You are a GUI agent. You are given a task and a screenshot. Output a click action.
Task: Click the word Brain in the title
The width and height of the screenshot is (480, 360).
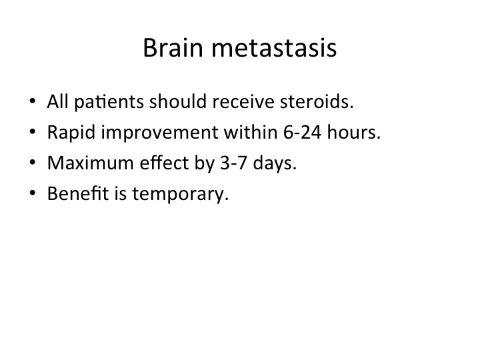[x=173, y=48]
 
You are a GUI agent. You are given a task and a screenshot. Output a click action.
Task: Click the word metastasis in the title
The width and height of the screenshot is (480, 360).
[x=274, y=48]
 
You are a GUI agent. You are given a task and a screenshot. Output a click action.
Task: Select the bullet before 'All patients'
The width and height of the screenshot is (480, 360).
[x=33, y=101]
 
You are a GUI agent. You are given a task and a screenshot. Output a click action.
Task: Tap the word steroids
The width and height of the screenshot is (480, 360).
[x=317, y=101]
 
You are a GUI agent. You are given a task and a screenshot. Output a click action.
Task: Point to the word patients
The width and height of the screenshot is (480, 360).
[x=109, y=102]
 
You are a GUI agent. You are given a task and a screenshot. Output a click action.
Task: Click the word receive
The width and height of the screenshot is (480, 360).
[x=243, y=101]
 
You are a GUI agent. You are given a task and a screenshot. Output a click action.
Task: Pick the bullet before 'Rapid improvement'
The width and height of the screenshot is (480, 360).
[x=33, y=131]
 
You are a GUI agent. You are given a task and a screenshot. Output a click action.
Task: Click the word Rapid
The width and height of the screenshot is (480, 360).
[x=71, y=133]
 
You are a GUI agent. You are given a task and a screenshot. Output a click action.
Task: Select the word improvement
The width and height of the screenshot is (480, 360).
[x=159, y=133]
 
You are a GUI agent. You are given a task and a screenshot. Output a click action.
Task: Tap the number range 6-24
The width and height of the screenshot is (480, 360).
[x=303, y=132]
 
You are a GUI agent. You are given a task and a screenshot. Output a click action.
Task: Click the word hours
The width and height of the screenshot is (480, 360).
[x=354, y=132]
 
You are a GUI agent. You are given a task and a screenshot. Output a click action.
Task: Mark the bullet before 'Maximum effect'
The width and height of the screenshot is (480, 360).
[x=33, y=162]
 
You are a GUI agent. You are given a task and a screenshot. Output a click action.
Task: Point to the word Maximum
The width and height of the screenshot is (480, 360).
[x=90, y=163]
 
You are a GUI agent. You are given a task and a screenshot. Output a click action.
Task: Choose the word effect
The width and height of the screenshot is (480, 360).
[x=164, y=163]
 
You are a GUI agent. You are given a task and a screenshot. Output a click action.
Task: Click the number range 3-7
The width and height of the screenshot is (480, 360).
[x=233, y=163]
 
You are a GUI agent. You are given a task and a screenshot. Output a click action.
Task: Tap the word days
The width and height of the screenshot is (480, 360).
[x=275, y=163]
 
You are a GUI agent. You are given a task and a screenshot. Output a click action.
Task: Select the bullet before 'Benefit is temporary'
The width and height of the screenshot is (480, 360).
[x=33, y=193]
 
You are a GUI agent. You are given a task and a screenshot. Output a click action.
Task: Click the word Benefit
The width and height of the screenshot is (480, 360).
[x=78, y=193]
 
